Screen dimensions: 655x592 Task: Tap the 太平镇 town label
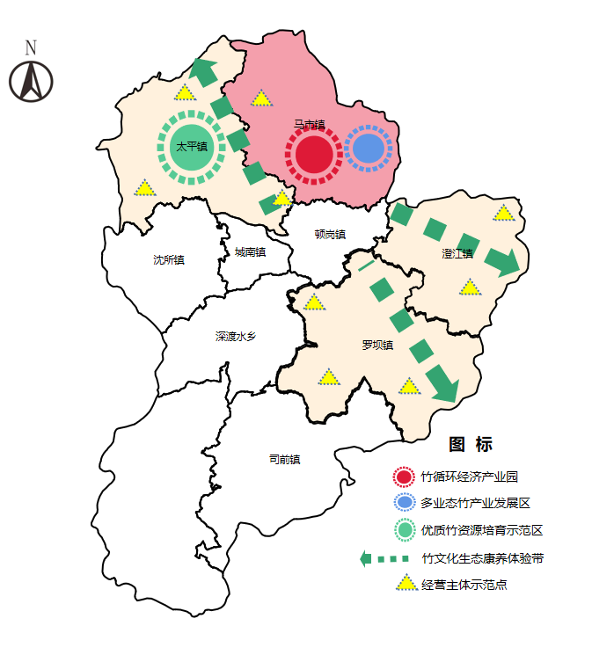(x=192, y=147)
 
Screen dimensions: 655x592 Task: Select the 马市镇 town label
(x=310, y=126)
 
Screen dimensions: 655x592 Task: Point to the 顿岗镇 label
(x=330, y=235)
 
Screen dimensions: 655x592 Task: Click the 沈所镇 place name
(x=169, y=260)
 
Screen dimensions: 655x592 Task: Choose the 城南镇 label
(x=250, y=252)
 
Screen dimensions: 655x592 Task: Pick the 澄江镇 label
(x=457, y=254)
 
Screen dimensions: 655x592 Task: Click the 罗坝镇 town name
(x=377, y=346)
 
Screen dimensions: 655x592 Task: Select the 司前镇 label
(x=284, y=459)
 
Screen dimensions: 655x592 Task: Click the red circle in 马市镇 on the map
(x=313, y=156)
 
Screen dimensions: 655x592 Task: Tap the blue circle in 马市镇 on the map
(x=369, y=148)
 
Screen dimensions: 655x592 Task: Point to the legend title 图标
(x=471, y=445)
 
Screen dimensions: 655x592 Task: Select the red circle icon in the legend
(x=404, y=477)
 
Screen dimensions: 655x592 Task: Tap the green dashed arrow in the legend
(x=385, y=558)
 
